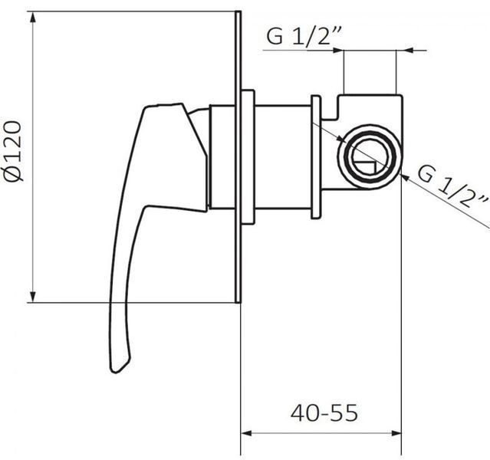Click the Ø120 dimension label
tap(13, 151)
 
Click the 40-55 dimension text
tap(324, 412)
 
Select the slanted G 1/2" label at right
tap(452, 187)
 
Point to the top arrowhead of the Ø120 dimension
tap(33, 18)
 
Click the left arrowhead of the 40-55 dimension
tap(247, 433)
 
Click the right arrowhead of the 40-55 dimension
tap(396, 433)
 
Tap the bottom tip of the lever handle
tap(115, 372)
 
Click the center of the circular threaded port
tap(370, 156)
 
